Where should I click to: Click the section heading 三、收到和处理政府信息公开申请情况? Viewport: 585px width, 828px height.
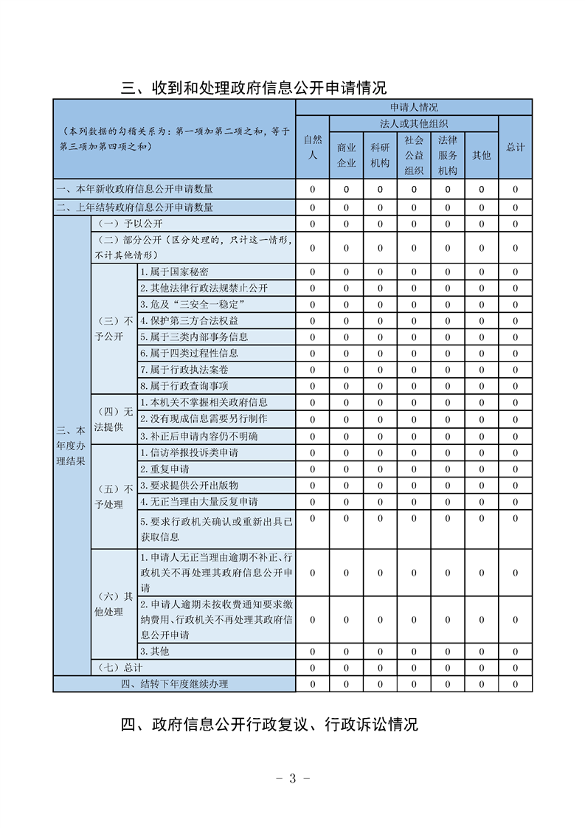[x=254, y=89]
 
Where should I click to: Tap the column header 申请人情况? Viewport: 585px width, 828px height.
[x=414, y=107]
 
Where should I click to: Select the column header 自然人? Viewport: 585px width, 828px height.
[x=312, y=147]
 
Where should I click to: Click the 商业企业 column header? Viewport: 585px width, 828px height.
[x=346, y=155]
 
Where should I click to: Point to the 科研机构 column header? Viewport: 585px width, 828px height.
[x=380, y=155]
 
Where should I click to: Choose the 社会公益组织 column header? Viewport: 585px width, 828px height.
[x=414, y=155]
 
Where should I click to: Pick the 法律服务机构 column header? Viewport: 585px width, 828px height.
[x=448, y=155]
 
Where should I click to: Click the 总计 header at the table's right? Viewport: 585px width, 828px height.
[x=515, y=147]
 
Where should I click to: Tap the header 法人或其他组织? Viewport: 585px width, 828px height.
[x=414, y=123]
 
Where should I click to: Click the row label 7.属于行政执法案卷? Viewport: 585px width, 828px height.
[x=179, y=369]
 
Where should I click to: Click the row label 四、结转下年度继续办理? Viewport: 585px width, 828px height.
[x=174, y=683]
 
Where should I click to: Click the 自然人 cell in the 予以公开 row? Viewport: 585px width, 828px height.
[x=312, y=224]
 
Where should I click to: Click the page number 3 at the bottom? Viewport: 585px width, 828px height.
[x=292, y=779]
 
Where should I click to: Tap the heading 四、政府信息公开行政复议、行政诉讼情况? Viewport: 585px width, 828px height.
[x=269, y=724]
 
